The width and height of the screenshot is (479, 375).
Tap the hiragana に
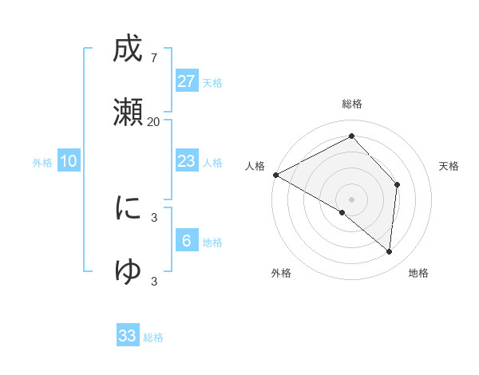128,208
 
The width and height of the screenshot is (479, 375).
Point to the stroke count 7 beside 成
153,58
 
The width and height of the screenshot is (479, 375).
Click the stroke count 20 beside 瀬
153,121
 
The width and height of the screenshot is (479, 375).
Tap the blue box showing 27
187,81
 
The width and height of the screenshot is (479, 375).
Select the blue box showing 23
187,161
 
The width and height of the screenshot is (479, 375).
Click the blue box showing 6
187,240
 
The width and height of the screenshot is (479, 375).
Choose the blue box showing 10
69,161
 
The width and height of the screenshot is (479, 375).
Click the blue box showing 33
128,336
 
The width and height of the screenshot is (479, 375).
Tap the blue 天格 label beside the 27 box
212,83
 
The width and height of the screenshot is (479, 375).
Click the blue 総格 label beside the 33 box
153,337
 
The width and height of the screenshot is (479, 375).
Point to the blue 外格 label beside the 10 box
42,163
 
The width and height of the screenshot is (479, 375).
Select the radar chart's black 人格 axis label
255,166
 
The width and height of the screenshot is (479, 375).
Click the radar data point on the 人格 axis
275,174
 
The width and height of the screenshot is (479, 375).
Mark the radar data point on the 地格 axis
389,251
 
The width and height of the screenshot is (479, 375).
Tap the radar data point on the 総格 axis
351,136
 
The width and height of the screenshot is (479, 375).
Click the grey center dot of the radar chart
351,199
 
